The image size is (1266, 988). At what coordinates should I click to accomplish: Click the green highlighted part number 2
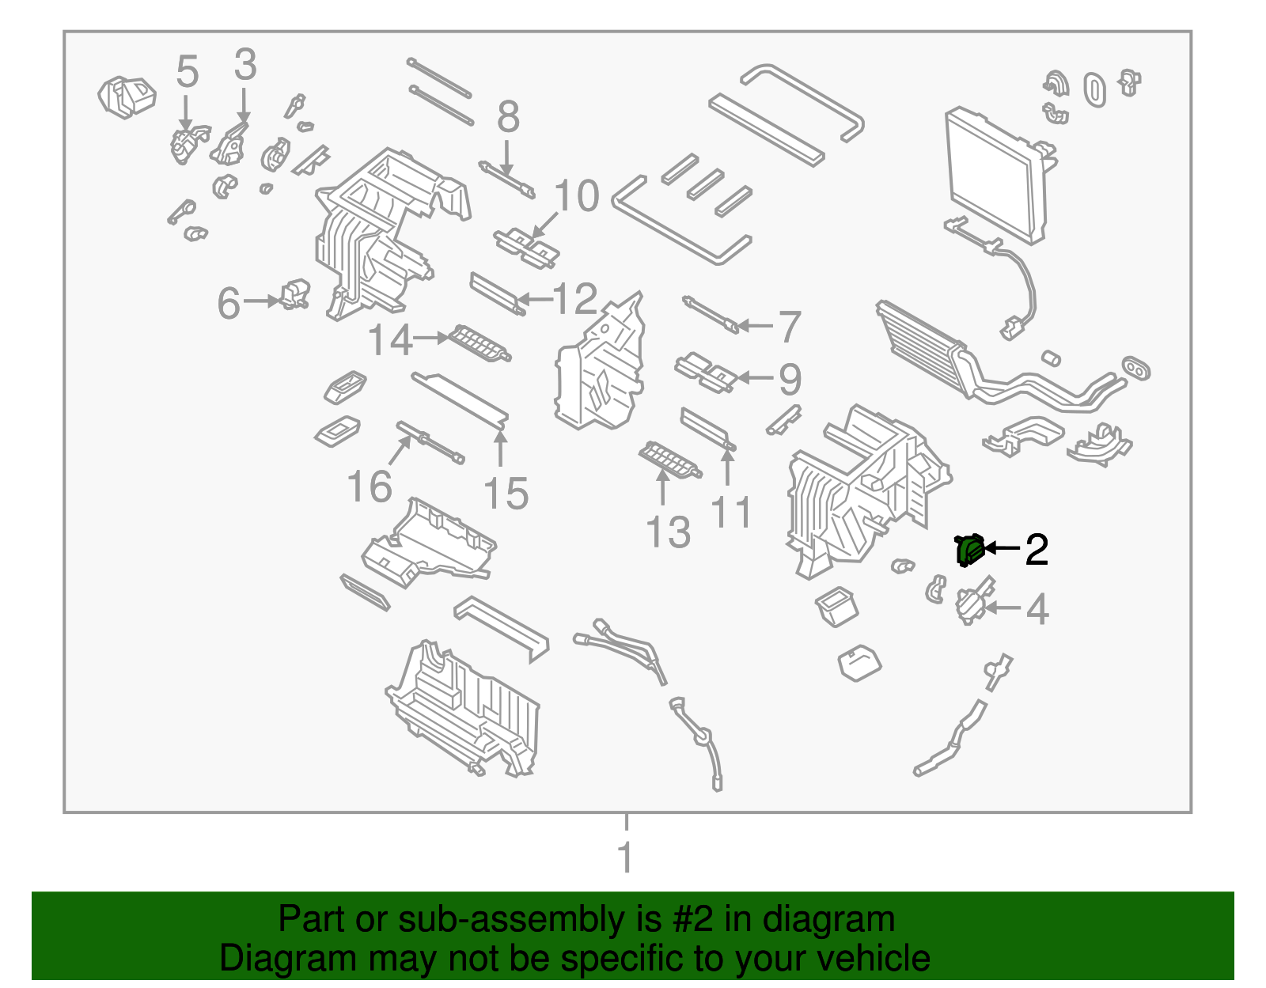(x=968, y=550)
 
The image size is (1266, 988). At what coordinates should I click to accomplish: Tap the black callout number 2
(x=1036, y=549)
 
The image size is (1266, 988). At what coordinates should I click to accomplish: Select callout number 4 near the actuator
(x=1037, y=610)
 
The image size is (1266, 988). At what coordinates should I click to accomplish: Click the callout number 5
(x=187, y=72)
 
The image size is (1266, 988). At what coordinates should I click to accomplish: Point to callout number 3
(x=245, y=65)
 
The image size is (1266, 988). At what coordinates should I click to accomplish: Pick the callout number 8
(x=508, y=117)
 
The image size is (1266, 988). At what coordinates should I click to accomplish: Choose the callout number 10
(x=577, y=195)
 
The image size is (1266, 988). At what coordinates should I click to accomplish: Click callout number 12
(x=575, y=299)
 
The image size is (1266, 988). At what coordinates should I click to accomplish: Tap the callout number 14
(x=390, y=340)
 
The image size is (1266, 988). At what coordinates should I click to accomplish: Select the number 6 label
(x=229, y=304)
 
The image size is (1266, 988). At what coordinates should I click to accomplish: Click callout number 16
(x=370, y=486)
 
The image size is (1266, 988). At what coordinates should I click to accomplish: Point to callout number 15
(x=505, y=494)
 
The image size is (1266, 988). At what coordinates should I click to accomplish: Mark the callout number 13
(x=668, y=532)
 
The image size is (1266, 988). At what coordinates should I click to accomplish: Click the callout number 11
(x=731, y=513)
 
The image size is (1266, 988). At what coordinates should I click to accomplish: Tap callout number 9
(x=790, y=379)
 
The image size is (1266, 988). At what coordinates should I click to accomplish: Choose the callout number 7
(x=789, y=327)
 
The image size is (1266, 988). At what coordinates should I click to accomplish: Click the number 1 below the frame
(x=625, y=857)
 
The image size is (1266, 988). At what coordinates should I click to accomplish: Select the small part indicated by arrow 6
(x=295, y=294)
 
